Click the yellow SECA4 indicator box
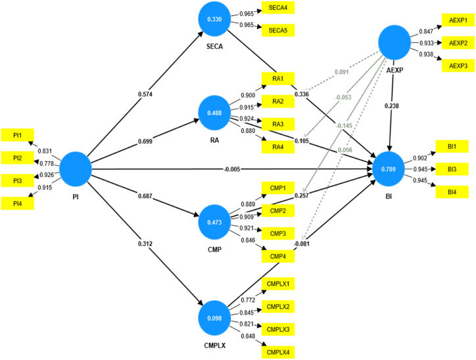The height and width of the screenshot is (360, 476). coord(278,8)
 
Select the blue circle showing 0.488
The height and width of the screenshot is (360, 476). coord(214,113)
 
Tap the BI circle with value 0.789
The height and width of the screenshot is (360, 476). coord(389,169)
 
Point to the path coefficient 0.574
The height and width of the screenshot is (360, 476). coord(145,94)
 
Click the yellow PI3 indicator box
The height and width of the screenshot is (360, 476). coord(18,181)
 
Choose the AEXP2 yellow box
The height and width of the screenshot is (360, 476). coord(458,43)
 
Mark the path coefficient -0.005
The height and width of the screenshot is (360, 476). coord(232,169)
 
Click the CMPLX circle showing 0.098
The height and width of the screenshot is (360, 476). coord(214,318)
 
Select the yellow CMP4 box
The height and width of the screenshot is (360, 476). coord(278,257)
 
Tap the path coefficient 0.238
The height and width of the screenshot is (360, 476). coord(392,106)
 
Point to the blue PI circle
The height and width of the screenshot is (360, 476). coord(76,169)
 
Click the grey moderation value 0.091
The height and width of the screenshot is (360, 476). coord(341,72)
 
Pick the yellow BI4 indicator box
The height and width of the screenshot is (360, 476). coord(452,192)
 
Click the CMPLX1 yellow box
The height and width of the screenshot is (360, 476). coord(278,284)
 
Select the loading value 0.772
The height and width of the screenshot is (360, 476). coord(248,300)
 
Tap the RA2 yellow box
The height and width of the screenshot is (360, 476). coord(278,101)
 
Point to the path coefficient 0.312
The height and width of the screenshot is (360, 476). coord(145,244)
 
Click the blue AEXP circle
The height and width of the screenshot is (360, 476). coord(394,43)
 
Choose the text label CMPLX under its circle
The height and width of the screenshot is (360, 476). coord(214,346)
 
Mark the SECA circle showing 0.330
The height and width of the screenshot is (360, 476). coord(214,19)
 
